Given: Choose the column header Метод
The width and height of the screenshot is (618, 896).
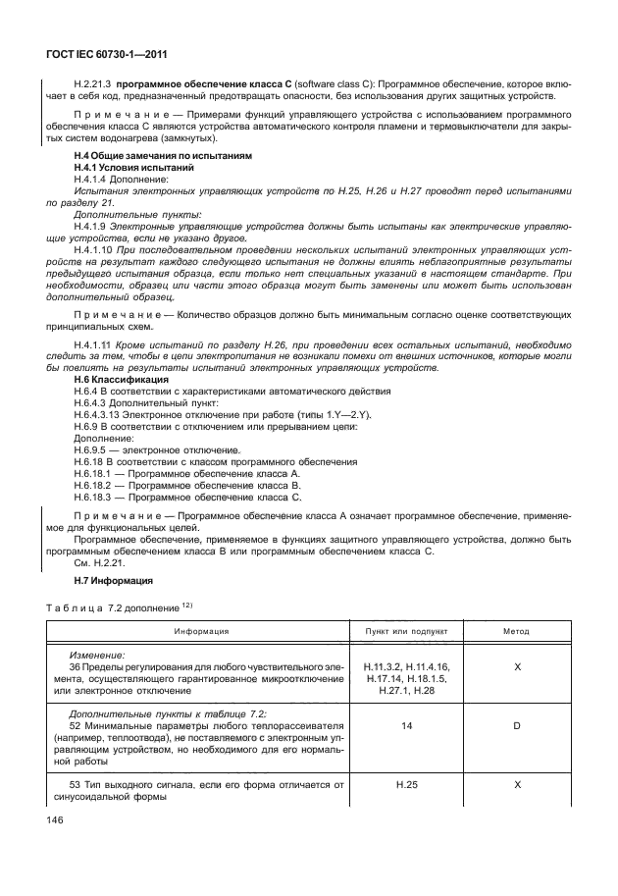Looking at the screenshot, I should tap(516, 631).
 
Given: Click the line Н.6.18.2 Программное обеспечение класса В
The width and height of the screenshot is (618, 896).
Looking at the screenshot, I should tap(187, 486).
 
